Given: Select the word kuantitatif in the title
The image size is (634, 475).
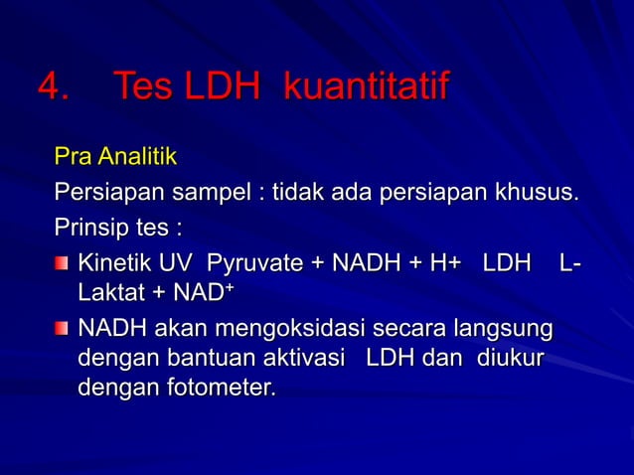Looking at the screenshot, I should click(366, 88).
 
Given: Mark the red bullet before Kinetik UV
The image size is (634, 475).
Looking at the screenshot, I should click(63, 263).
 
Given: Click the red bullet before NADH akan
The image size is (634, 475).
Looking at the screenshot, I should click(63, 327).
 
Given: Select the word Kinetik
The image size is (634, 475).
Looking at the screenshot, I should click(112, 263).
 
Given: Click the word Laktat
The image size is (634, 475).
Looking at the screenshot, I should click(106, 295).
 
